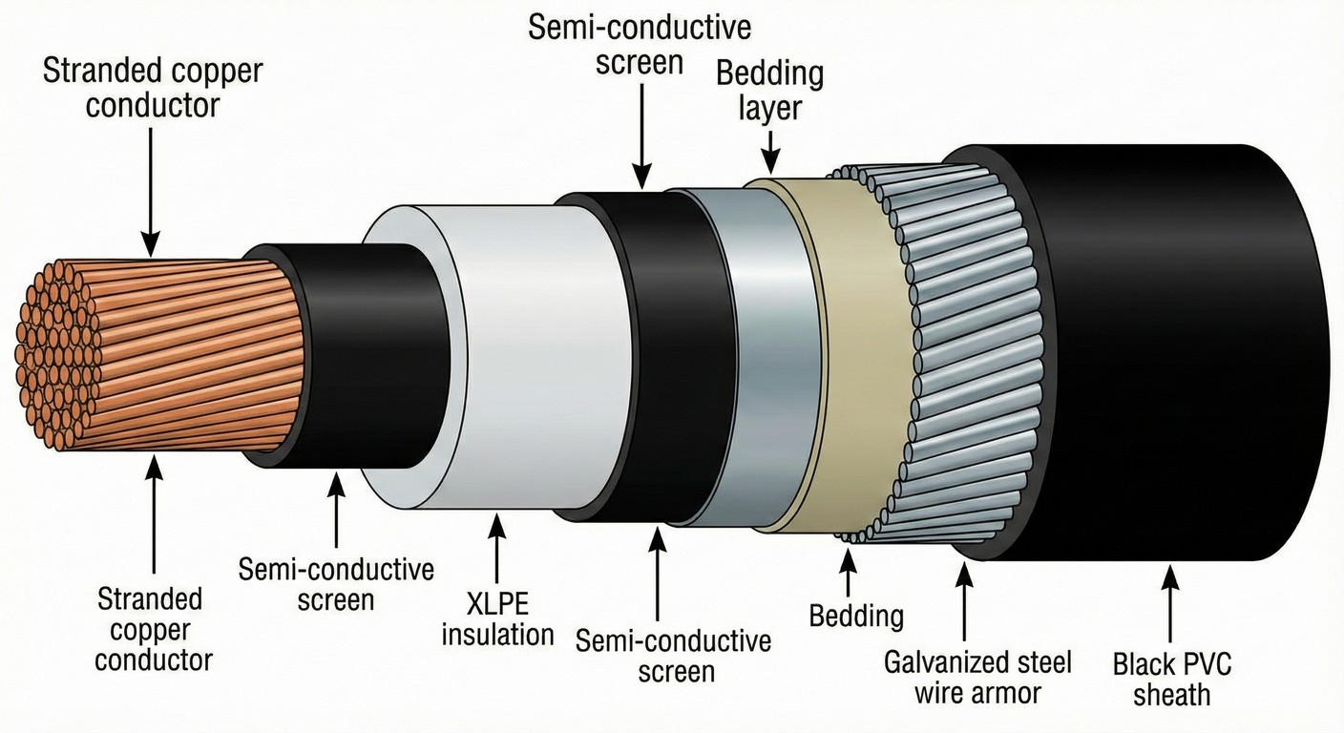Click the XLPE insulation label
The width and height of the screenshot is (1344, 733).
[x=497, y=619]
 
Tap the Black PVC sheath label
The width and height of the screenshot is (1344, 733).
[x=1171, y=679]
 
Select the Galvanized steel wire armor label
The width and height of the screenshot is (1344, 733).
[x=977, y=677]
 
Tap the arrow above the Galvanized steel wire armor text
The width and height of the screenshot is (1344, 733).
[x=965, y=601]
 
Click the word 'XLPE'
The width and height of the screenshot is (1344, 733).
[x=497, y=605]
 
